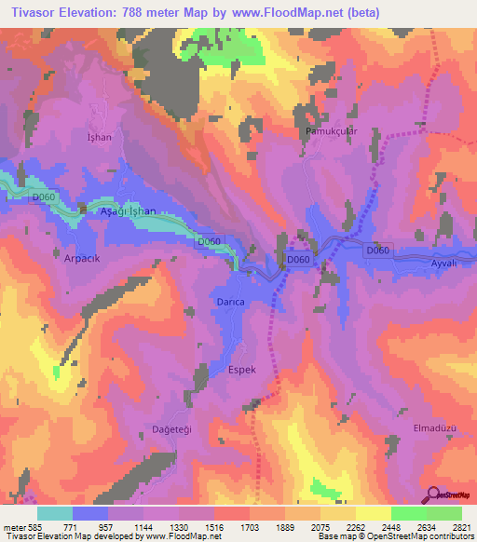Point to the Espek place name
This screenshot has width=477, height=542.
242,370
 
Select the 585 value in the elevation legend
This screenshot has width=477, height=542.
35,526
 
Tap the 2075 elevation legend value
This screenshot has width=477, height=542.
320,526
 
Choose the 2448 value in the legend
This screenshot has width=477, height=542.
390,526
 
